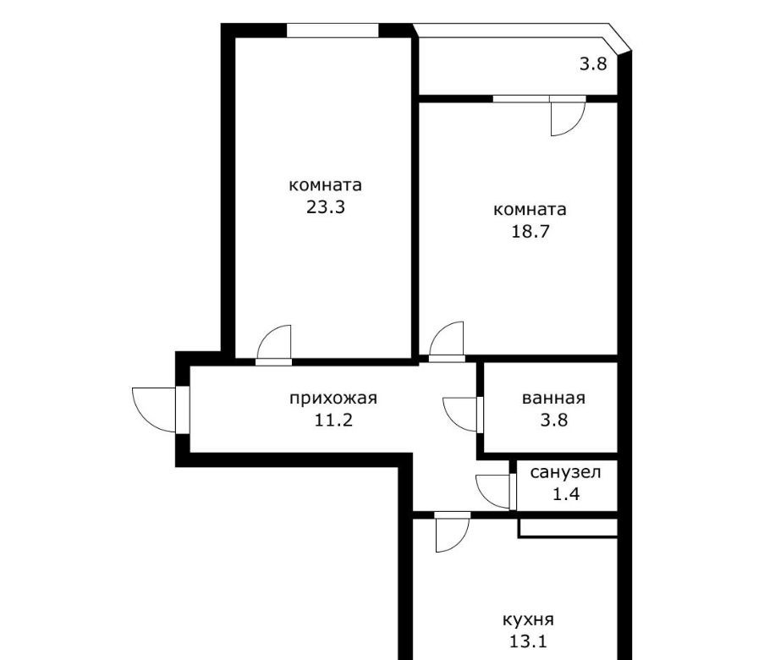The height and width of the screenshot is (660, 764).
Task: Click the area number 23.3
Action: pyautogui.click(x=326, y=207)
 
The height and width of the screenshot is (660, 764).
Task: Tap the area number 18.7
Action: pyautogui.click(x=530, y=231)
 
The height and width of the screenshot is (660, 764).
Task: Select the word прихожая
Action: pyautogui.click(x=333, y=399)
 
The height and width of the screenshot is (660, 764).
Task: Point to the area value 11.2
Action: pyautogui.click(x=333, y=420)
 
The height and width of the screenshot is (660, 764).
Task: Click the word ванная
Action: pyautogui.click(x=553, y=399)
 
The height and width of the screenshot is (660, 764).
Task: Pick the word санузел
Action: pyautogui.click(x=565, y=472)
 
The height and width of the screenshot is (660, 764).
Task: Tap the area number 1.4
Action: pyautogui.click(x=566, y=494)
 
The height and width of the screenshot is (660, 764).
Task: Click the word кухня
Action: pyautogui.click(x=528, y=620)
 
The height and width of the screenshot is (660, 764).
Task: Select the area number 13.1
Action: pyautogui.click(x=528, y=641)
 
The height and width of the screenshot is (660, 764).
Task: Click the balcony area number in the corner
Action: pyautogui.click(x=593, y=63)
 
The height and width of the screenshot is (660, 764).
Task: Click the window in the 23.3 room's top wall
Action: pyautogui.click(x=333, y=30)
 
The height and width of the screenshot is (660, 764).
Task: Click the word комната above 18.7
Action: pyautogui.click(x=530, y=210)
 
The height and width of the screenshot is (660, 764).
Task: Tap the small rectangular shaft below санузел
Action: pyautogui.click(x=568, y=528)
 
